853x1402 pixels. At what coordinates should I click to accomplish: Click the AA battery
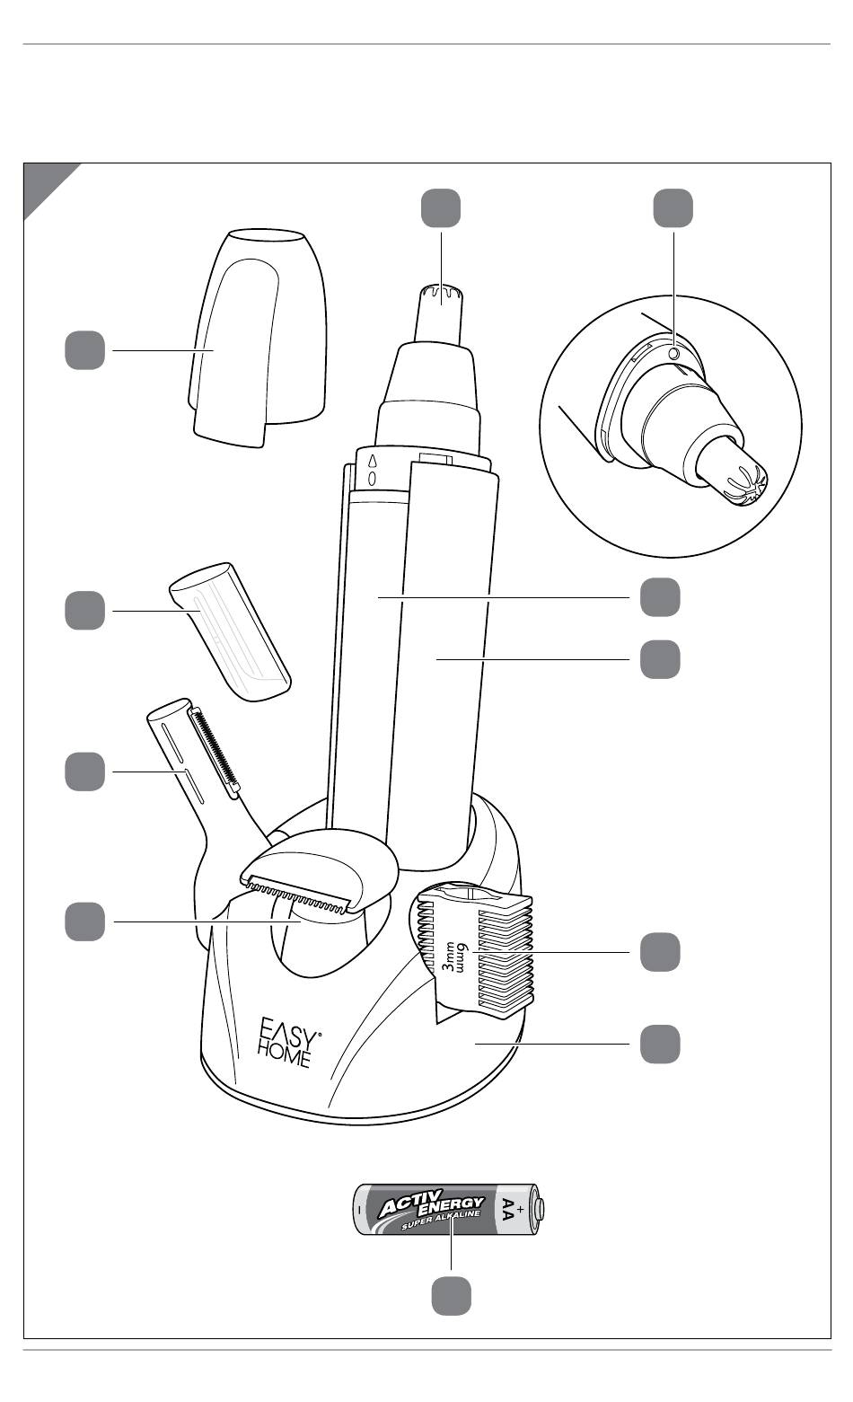click(449, 1209)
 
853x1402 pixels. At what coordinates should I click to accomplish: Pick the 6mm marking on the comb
click(462, 958)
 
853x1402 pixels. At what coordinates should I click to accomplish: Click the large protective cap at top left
click(258, 339)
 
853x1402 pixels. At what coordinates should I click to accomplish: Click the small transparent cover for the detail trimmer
click(230, 631)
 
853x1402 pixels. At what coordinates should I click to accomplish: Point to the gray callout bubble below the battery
click(451, 1296)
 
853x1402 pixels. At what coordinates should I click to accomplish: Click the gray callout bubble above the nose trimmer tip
click(441, 208)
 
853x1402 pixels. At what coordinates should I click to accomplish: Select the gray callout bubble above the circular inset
click(673, 208)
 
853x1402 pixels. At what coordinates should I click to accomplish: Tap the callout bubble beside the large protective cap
click(84, 350)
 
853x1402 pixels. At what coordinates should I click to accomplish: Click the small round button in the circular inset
click(673, 354)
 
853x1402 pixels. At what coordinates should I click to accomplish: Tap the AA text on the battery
click(508, 1210)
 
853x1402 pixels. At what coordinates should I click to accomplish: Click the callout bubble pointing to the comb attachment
click(660, 952)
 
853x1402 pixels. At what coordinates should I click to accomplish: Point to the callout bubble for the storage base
click(660, 1044)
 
